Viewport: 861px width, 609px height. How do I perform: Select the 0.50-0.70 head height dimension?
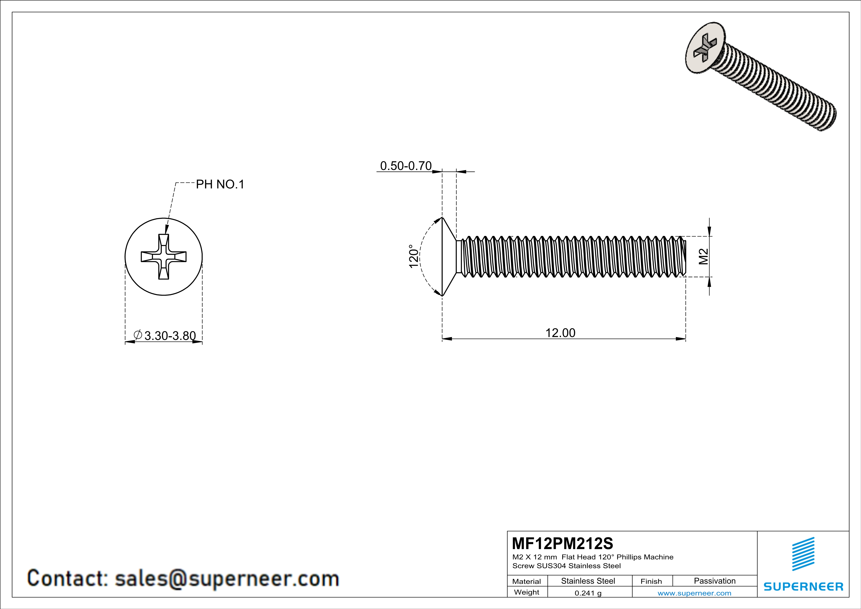tap(406, 166)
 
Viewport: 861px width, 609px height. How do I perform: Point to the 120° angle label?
tap(413, 257)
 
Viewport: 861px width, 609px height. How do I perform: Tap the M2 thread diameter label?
tap(703, 257)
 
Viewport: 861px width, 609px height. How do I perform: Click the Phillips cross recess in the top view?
tap(164, 257)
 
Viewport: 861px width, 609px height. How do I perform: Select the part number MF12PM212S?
tap(562, 543)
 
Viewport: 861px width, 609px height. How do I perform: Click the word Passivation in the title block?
tap(714, 581)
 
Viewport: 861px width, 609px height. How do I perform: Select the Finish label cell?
tap(651, 581)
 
